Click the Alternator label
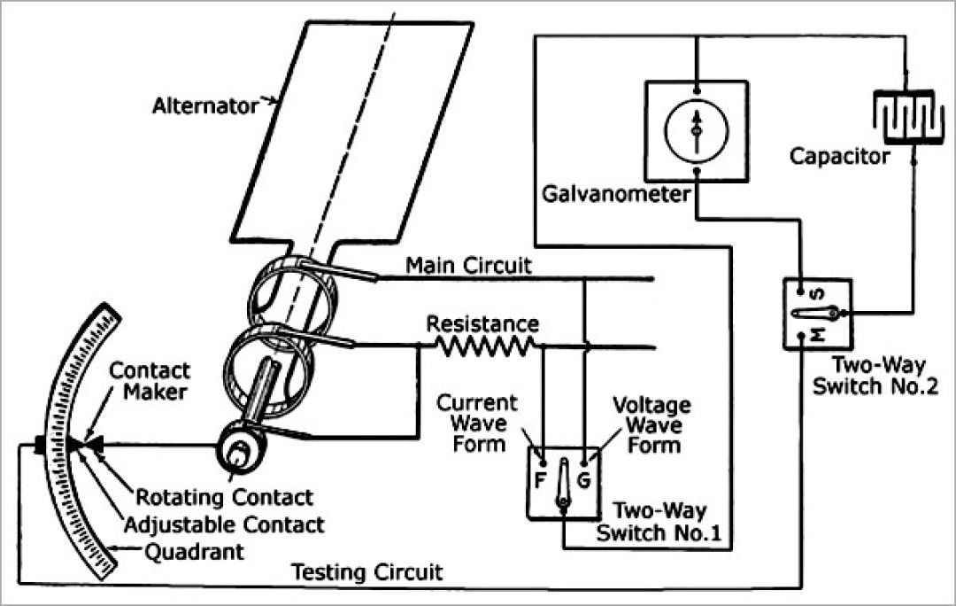(x=204, y=105)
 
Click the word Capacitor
(x=840, y=157)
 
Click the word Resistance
(x=482, y=322)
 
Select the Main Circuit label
(x=469, y=265)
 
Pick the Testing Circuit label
(x=367, y=571)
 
